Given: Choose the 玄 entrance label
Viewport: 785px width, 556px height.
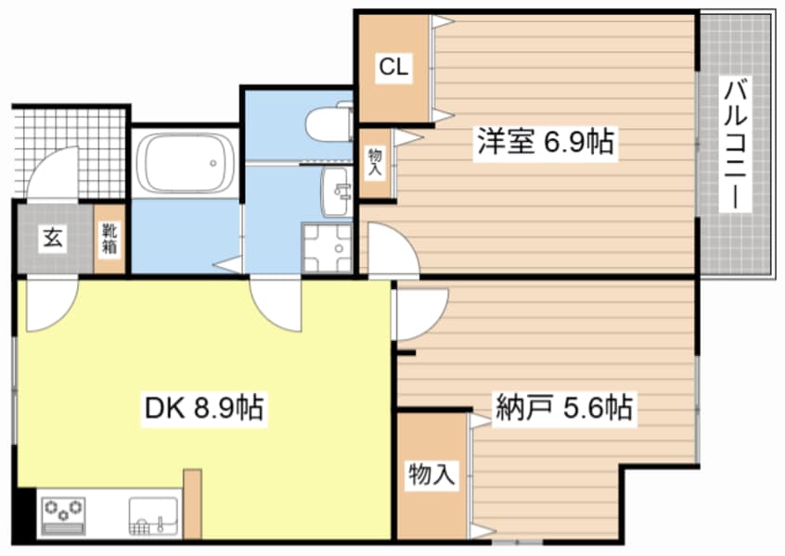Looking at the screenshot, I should coord(51,238).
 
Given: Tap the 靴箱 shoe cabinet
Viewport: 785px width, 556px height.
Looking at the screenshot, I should coord(109,238).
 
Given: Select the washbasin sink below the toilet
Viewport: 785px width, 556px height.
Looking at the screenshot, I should coord(335,189).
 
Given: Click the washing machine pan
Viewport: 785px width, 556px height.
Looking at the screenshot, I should coord(328,248).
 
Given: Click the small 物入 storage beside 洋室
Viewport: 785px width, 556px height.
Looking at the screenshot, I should coord(375,165).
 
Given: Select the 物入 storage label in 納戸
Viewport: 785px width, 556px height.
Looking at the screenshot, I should coord(431,475).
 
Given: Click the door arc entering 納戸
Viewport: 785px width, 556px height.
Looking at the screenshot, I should coord(418,313).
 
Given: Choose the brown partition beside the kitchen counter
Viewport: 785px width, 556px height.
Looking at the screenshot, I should coord(192,503).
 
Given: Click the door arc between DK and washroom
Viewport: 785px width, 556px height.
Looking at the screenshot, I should coord(276,301).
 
